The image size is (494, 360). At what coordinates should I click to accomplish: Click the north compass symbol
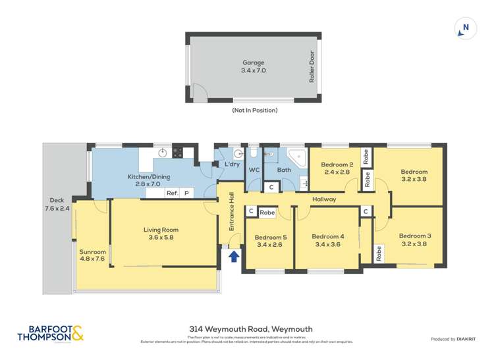[465, 28]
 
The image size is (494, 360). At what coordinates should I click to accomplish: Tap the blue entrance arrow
[234, 257]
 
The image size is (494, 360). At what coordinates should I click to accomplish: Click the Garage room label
[254, 66]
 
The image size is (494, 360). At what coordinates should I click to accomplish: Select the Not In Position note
[254, 111]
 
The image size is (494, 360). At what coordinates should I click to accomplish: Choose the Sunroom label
[92, 255]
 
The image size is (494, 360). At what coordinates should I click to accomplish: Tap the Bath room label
[284, 170]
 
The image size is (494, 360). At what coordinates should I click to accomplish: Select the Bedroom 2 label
[337, 168]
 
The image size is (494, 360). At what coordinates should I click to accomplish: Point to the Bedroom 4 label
[328, 240]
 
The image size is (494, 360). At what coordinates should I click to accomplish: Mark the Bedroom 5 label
[271, 240]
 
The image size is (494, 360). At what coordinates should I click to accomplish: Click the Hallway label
[324, 199]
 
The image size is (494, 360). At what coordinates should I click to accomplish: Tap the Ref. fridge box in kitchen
[173, 193]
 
